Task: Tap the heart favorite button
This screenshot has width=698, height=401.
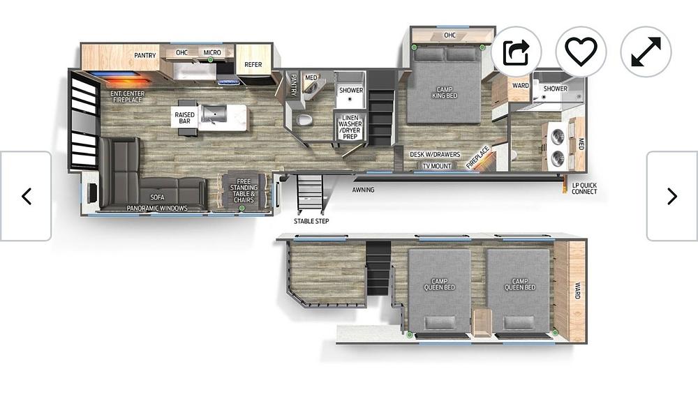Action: tap(581, 52)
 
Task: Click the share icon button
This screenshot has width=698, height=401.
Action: tap(517, 52)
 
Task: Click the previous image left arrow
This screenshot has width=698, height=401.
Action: tap(26, 196)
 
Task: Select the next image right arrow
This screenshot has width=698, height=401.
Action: tap(672, 196)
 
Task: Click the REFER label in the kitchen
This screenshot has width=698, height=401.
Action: tap(253, 64)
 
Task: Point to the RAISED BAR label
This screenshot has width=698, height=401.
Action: tap(185, 118)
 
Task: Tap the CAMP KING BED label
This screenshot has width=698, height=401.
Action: tap(444, 93)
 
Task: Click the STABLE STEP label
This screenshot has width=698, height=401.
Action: tap(311, 221)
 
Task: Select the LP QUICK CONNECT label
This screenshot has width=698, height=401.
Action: tap(584, 188)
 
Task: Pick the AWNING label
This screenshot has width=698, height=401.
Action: tap(363, 190)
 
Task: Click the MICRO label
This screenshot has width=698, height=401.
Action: tap(212, 52)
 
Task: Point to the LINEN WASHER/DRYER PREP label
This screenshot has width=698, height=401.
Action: tap(350, 127)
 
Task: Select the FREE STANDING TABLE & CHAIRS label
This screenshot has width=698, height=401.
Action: tap(244, 190)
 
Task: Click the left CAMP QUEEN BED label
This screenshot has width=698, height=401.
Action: tap(439, 284)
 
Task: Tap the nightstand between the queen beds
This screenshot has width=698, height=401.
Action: tap(482, 323)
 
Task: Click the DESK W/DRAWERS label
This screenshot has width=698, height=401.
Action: tap(435, 155)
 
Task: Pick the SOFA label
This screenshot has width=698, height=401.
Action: tap(157, 197)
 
